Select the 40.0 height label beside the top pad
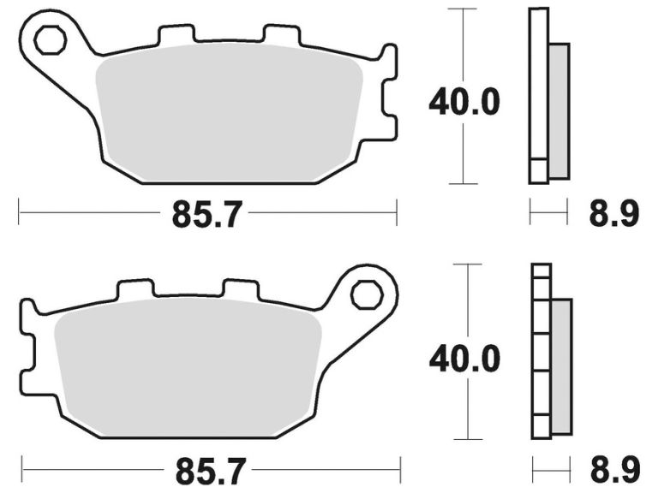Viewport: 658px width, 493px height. point(464,103)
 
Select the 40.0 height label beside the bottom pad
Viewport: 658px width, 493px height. point(464,359)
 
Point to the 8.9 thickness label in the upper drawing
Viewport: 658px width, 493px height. point(613,212)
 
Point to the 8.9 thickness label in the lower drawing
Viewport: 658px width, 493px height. point(613,469)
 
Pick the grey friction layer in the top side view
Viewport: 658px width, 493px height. point(558,111)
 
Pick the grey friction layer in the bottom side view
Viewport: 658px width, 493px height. point(560,366)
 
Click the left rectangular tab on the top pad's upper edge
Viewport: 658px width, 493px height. point(176,36)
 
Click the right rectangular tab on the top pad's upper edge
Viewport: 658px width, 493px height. point(281,37)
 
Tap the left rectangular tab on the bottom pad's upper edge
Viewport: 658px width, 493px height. point(135,290)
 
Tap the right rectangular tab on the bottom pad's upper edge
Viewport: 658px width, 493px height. point(241,290)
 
